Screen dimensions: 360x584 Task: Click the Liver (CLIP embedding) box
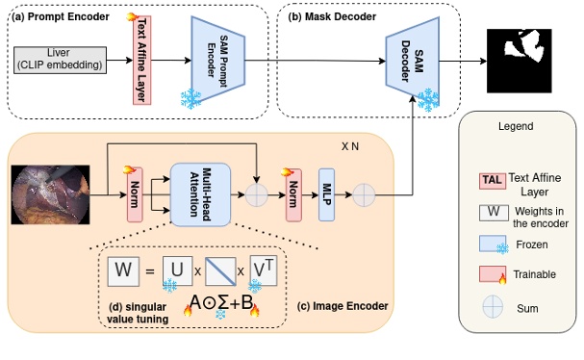(59, 58)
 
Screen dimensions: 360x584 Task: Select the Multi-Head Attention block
(203, 193)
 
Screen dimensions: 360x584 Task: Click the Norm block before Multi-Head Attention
(133, 194)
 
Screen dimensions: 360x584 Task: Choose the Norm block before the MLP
(292, 194)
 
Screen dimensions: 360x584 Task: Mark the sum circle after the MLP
(364, 194)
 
